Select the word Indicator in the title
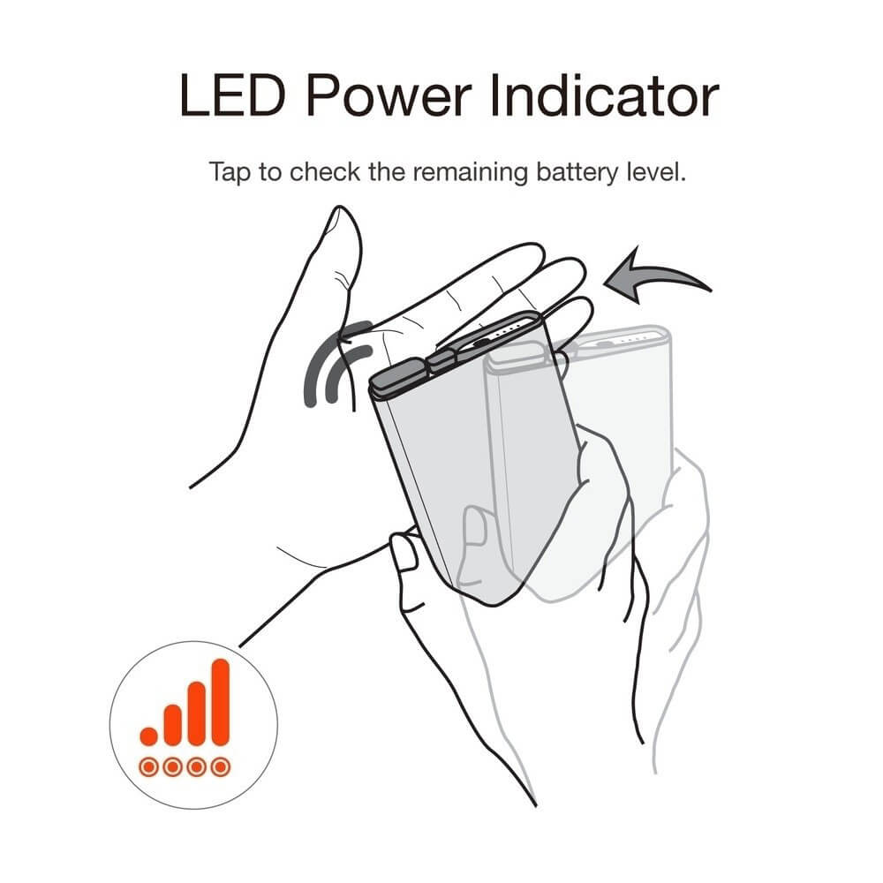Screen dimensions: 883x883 pyautogui.click(x=605, y=95)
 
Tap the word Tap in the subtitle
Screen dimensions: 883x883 pyautogui.click(x=230, y=172)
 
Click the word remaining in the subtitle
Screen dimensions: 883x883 pyautogui.click(x=471, y=172)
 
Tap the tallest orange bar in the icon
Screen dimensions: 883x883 pyautogui.click(x=220, y=702)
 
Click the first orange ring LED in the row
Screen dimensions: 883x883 pyautogui.click(x=148, y=767)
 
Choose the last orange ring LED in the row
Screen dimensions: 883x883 pyautogui.click(x=221, y=767)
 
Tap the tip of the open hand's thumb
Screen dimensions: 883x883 pyautogui.click(x=340, y=208)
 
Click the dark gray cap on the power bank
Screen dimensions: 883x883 pyautogui.click(x=400, y=374)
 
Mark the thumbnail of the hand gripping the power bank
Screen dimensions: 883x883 pyautogui.click(x=404, y=552)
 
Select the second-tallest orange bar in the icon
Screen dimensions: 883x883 pyautogui.click(x=197, y=713)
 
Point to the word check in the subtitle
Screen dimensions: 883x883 pyautogui.click(x=324, y=172)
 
